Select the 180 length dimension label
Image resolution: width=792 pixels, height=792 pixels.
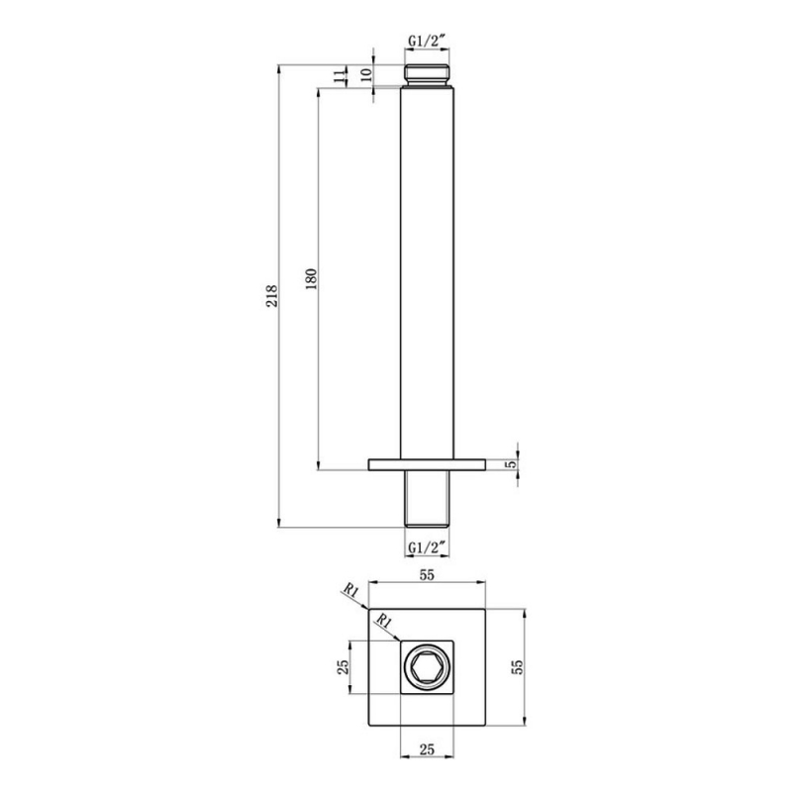point(309,276)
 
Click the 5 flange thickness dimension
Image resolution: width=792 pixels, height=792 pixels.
point(511,463)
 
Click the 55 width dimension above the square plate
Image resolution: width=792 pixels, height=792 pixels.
point(428,574)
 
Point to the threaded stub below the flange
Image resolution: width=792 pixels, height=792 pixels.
point(428,498)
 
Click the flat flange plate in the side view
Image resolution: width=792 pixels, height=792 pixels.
point(428,463)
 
